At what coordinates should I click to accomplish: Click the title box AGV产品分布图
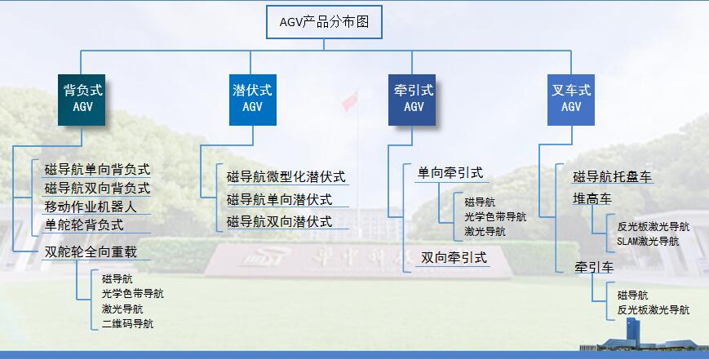click(x=325, y=22)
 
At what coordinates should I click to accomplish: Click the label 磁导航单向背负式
click(x=97, y=170)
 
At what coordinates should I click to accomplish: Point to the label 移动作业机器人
click(x=91, y=206)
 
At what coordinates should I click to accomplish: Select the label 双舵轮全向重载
click(x=91, y=251)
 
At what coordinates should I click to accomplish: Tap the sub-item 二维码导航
click(x=127, y=324)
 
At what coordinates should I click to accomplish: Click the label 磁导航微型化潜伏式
click(x=286, y=176)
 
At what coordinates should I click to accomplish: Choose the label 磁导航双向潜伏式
click(x=279, y=221)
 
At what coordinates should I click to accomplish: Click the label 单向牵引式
click(x=450, y=173)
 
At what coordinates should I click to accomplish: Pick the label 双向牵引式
click(x=454, y=258)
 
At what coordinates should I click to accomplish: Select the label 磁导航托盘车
click(x=612, y=177)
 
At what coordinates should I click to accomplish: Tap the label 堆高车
click(x=592, y=199)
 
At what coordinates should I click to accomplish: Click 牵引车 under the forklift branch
click(x=592, y=268)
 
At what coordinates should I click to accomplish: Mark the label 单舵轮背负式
click(x=84, y=224)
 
